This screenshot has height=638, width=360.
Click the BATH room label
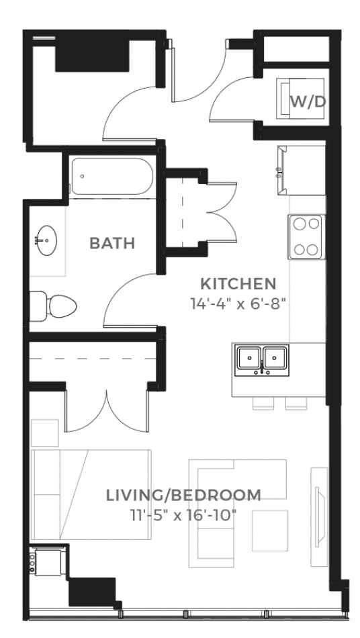[112, 243]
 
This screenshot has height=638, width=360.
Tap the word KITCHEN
[239, 283]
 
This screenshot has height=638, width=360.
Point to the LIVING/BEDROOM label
[183, 495]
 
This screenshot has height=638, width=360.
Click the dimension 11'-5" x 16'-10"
[183, 516]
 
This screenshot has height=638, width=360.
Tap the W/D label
[308, 101]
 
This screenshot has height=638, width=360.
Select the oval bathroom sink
[46, 240]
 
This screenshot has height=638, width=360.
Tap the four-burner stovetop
[307, 237]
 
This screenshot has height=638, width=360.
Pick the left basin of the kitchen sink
[249, 358]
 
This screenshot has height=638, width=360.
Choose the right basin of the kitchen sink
[275, 358]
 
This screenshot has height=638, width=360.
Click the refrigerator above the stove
[302, 170]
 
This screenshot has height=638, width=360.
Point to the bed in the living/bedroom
[91, 494]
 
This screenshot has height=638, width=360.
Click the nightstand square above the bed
[45, 433]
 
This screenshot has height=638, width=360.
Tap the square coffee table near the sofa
[270, 531]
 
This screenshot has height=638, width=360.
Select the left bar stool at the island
[263, 403]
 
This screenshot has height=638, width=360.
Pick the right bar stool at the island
[296, 403]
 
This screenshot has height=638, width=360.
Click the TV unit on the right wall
[319, 516]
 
